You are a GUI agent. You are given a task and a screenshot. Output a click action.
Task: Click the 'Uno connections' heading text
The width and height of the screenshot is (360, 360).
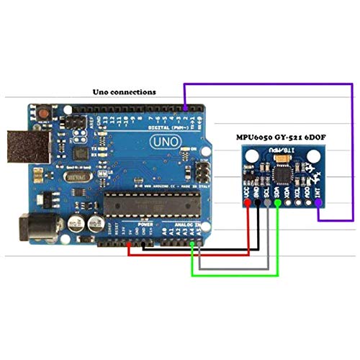coord(125,92)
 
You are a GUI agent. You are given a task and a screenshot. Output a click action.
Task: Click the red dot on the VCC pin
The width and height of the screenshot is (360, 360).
coord(248,204)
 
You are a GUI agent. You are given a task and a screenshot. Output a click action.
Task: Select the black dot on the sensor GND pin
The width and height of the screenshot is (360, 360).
coord(258,204)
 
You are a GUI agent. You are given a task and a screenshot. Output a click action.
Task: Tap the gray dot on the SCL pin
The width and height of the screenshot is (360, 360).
coord(269,204)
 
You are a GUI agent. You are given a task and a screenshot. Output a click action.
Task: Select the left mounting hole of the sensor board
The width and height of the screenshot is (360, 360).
coord(248,154)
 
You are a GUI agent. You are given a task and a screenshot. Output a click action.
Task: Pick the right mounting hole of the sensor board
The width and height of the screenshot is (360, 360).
coord(319,154)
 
